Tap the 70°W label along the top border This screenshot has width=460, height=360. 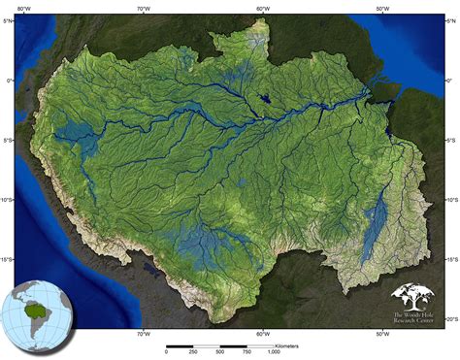tap(144, 7)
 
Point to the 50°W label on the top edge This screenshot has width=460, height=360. tap(383, 7)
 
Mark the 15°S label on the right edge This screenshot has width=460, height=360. tap(449, 259)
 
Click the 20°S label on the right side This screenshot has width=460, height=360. tap(449, 318)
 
